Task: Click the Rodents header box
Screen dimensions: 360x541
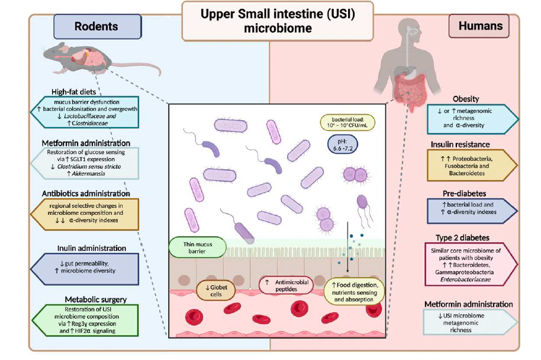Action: click(96, 26)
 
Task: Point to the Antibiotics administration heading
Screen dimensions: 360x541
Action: click(86, 194)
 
